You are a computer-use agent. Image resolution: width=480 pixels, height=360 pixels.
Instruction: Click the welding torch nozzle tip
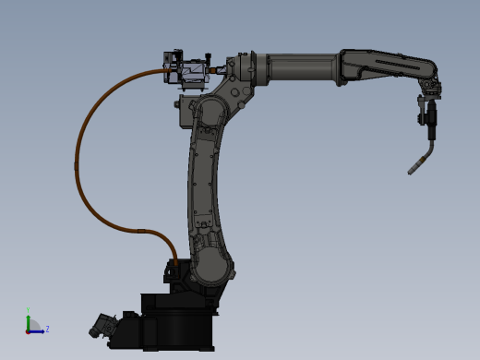click(x=412, y=171)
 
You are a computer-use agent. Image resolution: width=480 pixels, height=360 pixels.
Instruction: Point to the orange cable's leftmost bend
click(x=77, y=166)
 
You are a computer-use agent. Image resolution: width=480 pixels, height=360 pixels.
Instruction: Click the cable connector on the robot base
click(x=174, y=269)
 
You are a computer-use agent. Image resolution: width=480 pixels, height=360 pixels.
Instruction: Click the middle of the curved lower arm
click(x=205, y=175)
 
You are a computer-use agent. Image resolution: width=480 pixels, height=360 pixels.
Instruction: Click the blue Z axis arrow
click(x=38, y=330)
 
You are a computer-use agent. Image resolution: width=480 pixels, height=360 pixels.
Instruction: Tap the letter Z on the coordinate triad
click(x=47, y=329)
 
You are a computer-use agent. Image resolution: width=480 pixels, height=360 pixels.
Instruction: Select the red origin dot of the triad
click(x=29, y=330)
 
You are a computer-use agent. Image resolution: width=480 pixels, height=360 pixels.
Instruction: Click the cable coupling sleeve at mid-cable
click(x=139, y=230)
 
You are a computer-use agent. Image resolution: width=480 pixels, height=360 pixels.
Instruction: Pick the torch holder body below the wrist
click(x=428, y=115)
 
